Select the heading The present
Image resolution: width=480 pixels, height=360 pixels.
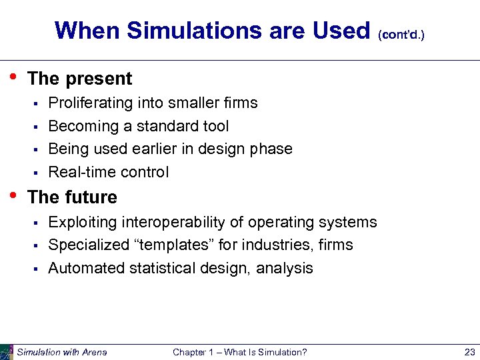[80, 79]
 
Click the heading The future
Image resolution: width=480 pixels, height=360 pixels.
[72, 197]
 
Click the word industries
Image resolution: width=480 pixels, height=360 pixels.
[278, 245]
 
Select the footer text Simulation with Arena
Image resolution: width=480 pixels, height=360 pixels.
[62, 352]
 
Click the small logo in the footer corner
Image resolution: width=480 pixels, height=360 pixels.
[7, 352]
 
